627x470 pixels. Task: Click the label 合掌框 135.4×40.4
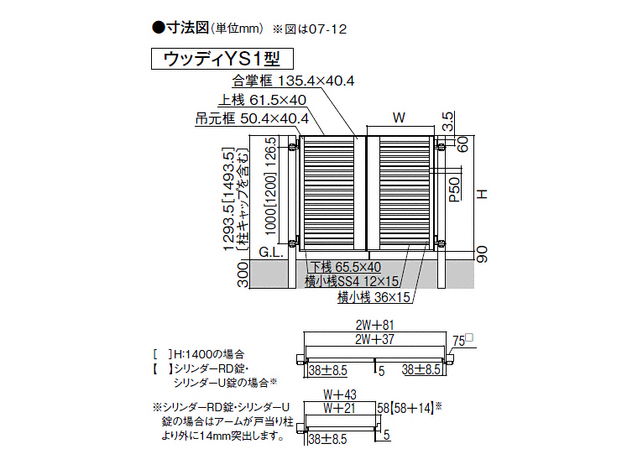click(x=293, y=81)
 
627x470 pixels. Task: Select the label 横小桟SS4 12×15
click(x=352, y=282)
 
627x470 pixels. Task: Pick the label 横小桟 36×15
click(x=373, y=296)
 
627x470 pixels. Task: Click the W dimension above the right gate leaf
click(x=399, y=117)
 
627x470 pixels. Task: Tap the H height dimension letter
click(x=482, y=194)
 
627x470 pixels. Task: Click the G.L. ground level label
click(x=274, y=251)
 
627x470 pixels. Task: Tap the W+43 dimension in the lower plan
click(x=339, y=394)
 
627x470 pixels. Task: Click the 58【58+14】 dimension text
click(x=409, y=407)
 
